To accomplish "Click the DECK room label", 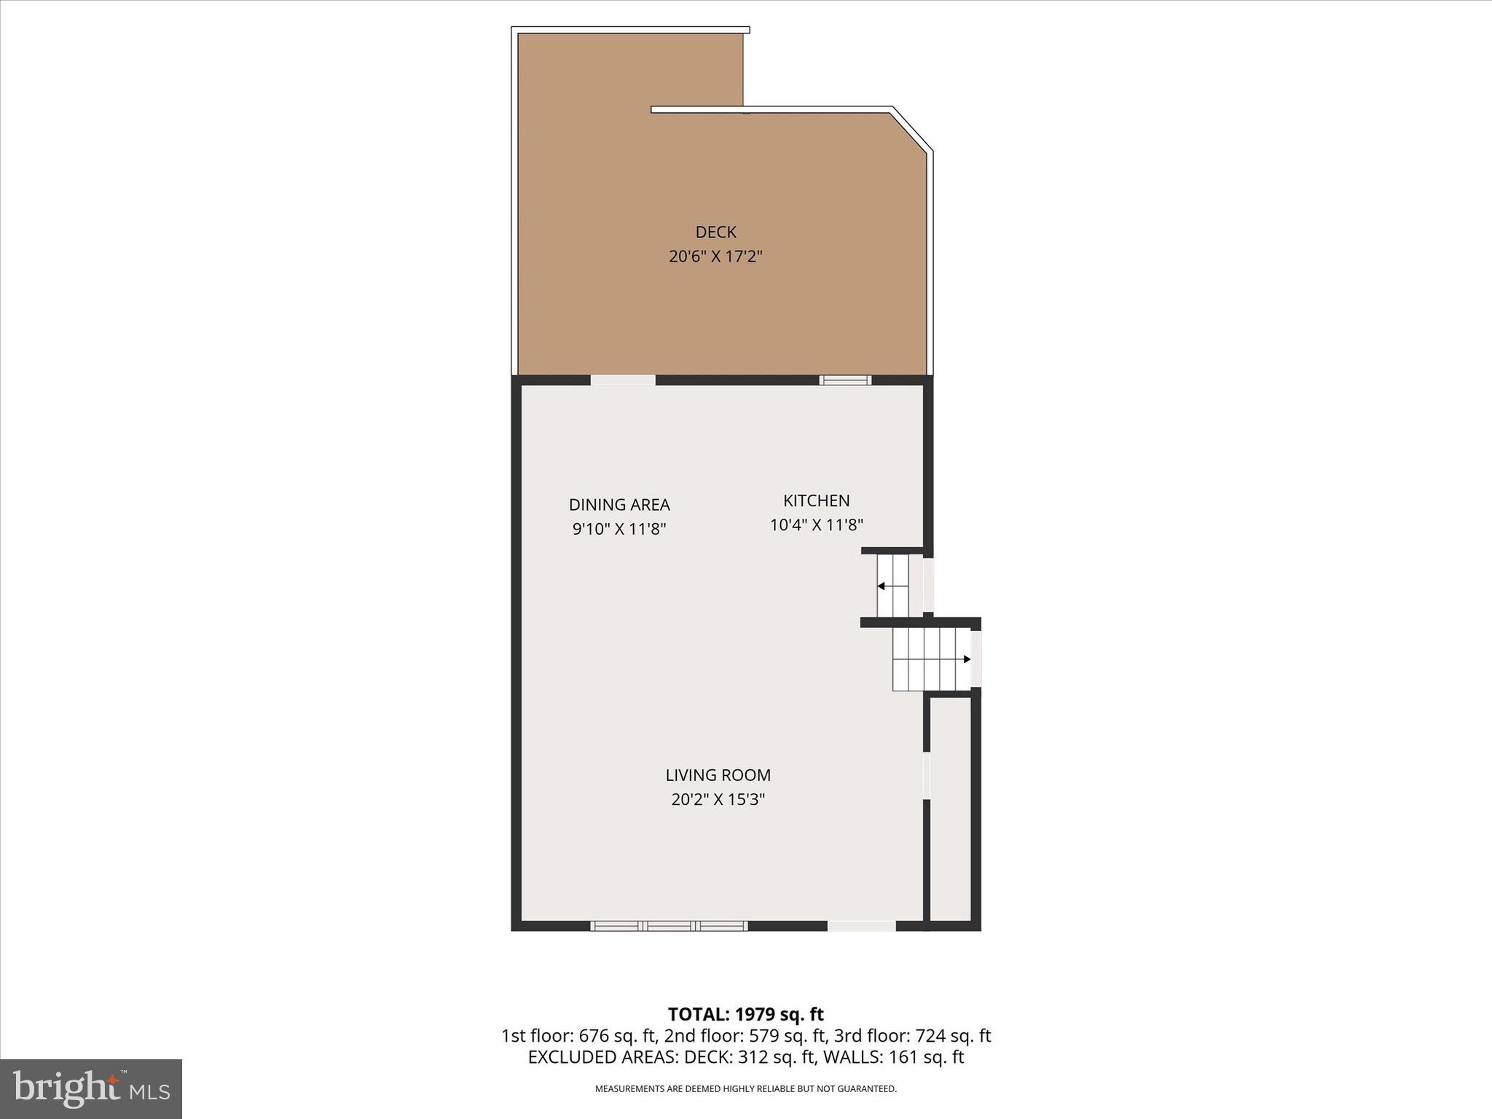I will pyautogui.click(x=715, y=232).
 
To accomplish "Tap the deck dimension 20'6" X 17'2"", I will pyautogui.click(x=715, y=257).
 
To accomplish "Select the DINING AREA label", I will pyautogui.click(x=619, y=505).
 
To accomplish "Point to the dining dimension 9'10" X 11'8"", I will pyautogui.click(x=619, y=529).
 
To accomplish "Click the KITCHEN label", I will pyautogui.click(x=816, y=500).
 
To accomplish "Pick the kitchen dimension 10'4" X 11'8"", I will pyautogui.click(x=816, y=525).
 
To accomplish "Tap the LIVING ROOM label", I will pyautogui.click(x=718, y=775).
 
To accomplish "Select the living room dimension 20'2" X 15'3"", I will pyautogui.click(x=718, y=800).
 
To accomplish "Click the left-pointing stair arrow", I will pyautogui.click(x=881, y=586).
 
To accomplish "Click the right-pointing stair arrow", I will pyautogui.click(x=967, y=659).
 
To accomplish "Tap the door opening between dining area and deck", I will pyautogui.click(x=623, y=380).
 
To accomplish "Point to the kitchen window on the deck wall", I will pyautogui.click(x=845, y=380).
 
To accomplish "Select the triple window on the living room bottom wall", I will pyautogui.click(x=669, y=926).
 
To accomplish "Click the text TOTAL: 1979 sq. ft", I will pyautogui.click(x=745, y=1014).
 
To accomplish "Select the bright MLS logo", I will pyautogui.click(x=91, y=1088).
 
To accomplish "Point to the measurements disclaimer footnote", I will pyautogui.click(x=745, y=1089).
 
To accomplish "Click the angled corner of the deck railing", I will pyautogui.click(x=912, y=130).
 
